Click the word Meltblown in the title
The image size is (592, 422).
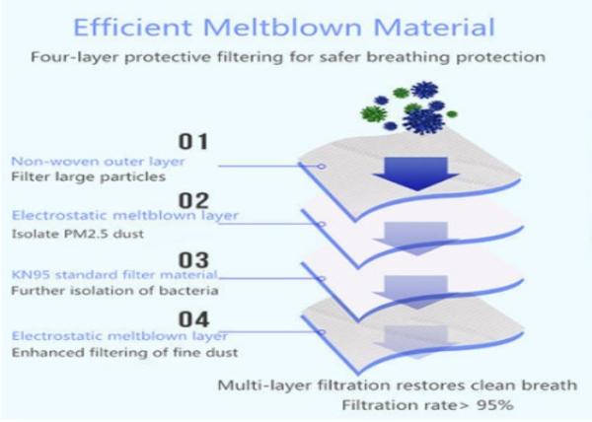(x=283, y=28)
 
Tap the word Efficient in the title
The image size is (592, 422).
(x=132, y=28)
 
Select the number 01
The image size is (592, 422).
(x=193, y=142)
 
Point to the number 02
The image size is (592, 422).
(x=193, y=200)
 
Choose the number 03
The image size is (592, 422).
(x=193, y=260)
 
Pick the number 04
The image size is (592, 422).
(x=193, y=319)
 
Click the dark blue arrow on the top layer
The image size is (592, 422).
(x=415, y=174)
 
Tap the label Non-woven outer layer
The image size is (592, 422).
(x=98, y=162)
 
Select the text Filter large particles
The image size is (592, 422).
(x=89, y=176)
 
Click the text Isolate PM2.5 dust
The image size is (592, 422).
(x=78, y=234)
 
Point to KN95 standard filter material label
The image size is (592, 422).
(x=114, y=274)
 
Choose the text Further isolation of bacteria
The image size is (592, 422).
(x=114, y=291)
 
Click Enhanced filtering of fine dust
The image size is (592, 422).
(x=125, y=353)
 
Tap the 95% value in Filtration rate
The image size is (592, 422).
(x=495, y=405)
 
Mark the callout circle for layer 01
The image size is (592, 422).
(x=322, y=167)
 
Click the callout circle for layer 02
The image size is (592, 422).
(x=322, y=225)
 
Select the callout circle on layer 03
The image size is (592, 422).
(x=322, y=279)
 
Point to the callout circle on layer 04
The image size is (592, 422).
(x=322, y=332)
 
